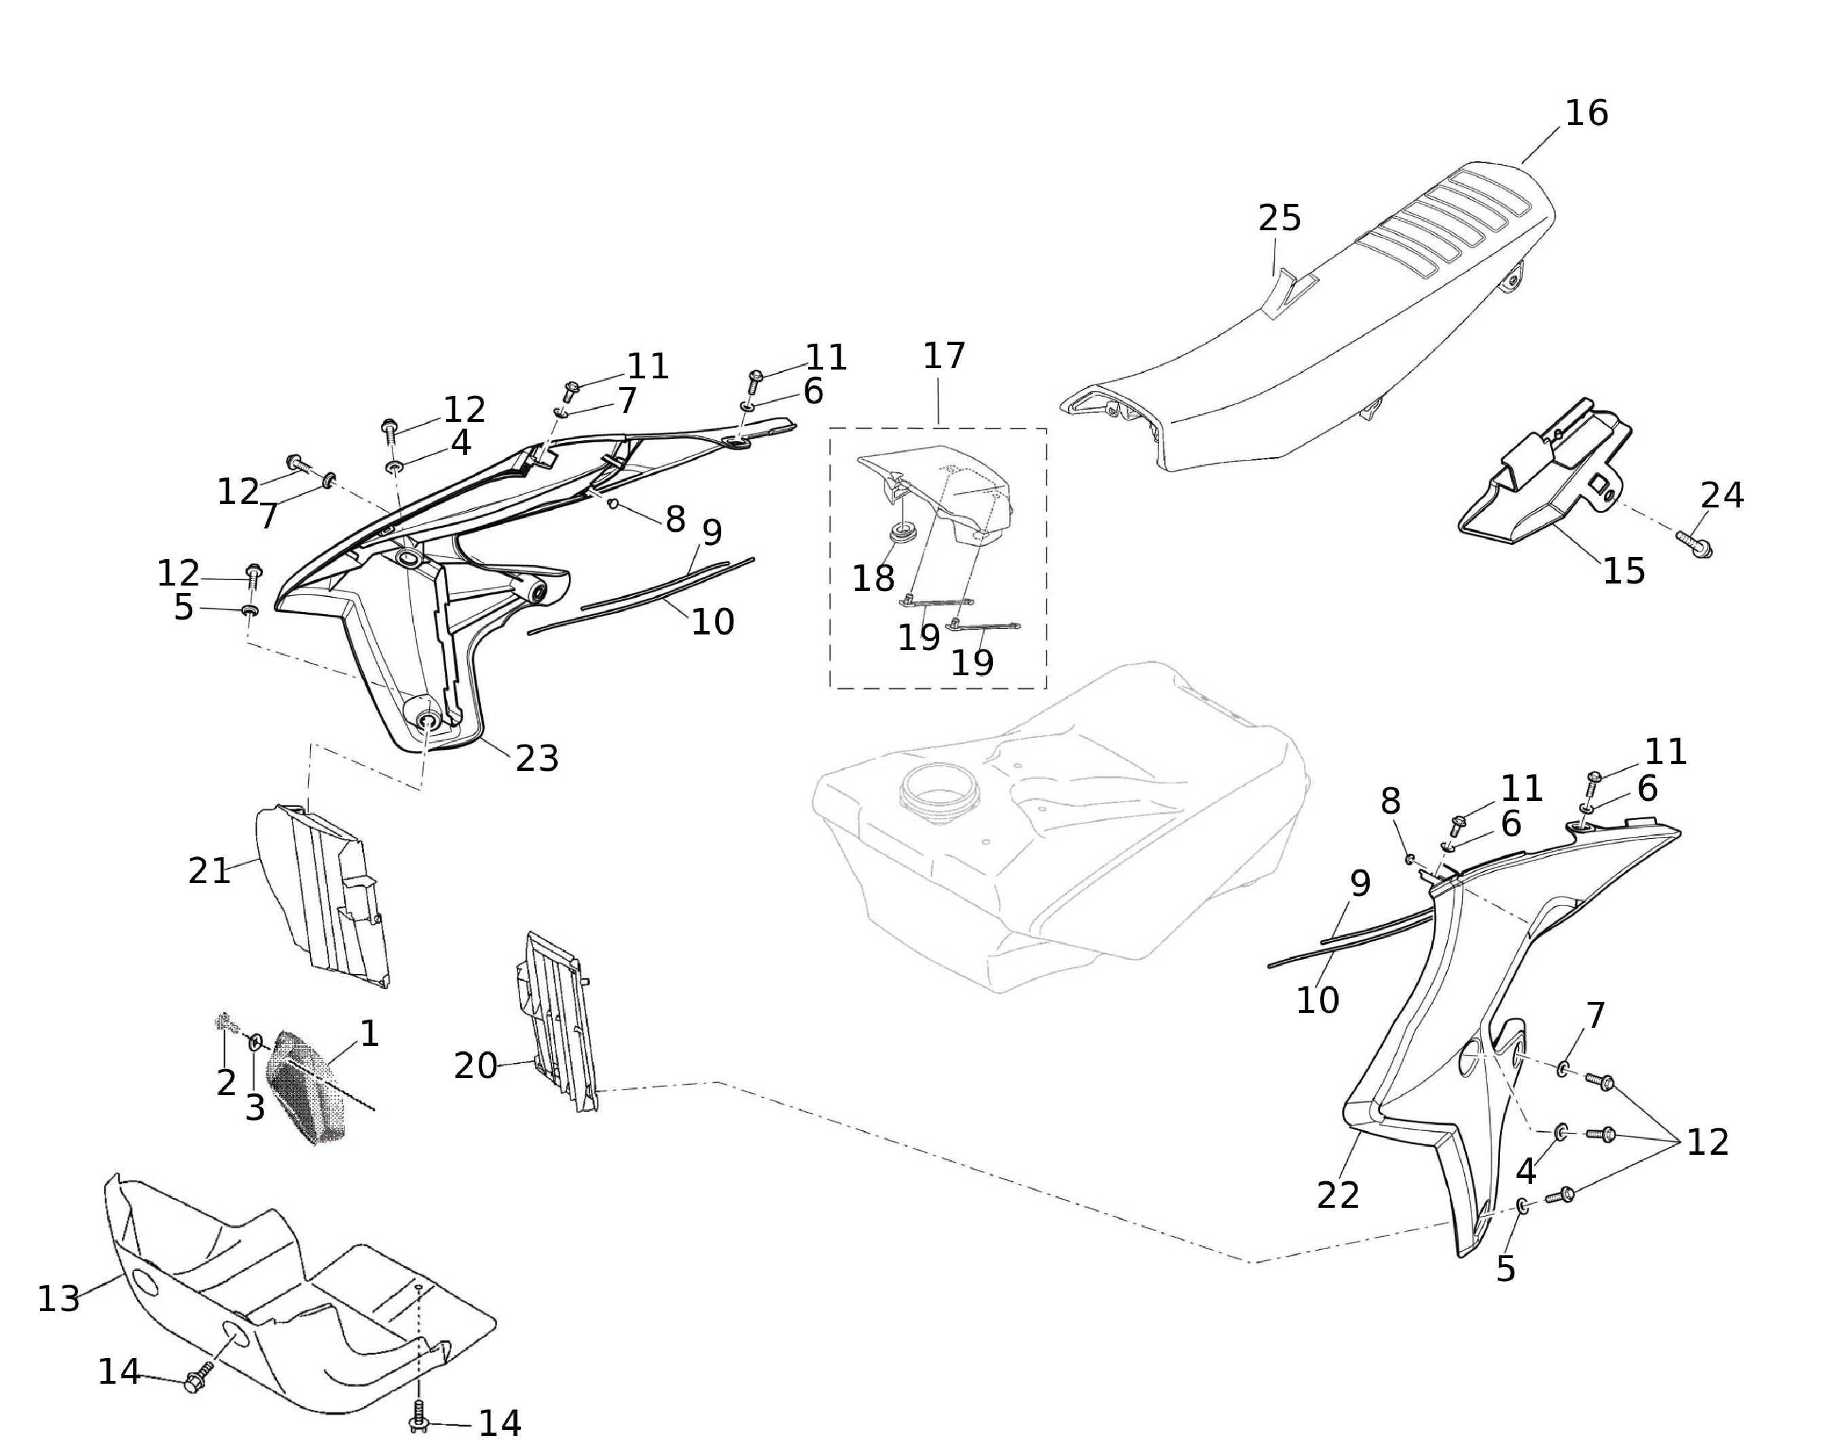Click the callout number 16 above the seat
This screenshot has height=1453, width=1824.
[x=1586, y=113]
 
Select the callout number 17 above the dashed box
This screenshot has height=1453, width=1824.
[x=943, y=356]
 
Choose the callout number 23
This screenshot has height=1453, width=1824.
[x=537, y=758]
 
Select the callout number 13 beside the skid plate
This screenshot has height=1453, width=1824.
[x=58, y=1298]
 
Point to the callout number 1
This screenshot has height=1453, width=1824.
[x=369, y=1033]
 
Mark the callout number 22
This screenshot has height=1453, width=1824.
[x=1338, y=1195]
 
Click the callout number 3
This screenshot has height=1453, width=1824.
[x=255, y=1107]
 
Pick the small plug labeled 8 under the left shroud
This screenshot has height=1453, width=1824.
[x=613, y=504]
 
